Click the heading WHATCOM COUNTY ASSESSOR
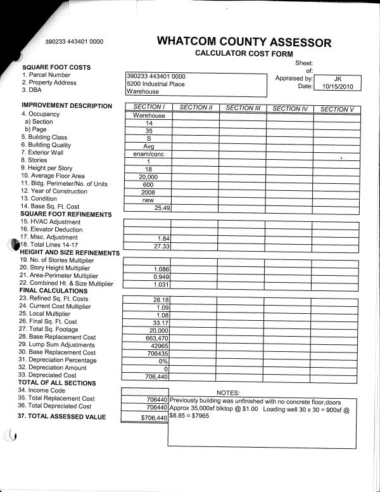[x=244, y=42]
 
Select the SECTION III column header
[x=243, y=108]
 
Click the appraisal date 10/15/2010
[x=337, y=86]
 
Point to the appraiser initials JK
[x=337, y=78]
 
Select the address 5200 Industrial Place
[x=156, y=84]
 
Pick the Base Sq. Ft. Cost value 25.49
[x=162, y=207]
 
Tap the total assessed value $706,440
[x=155, y=418]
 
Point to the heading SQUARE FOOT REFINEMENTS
[x=66, y=214]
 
